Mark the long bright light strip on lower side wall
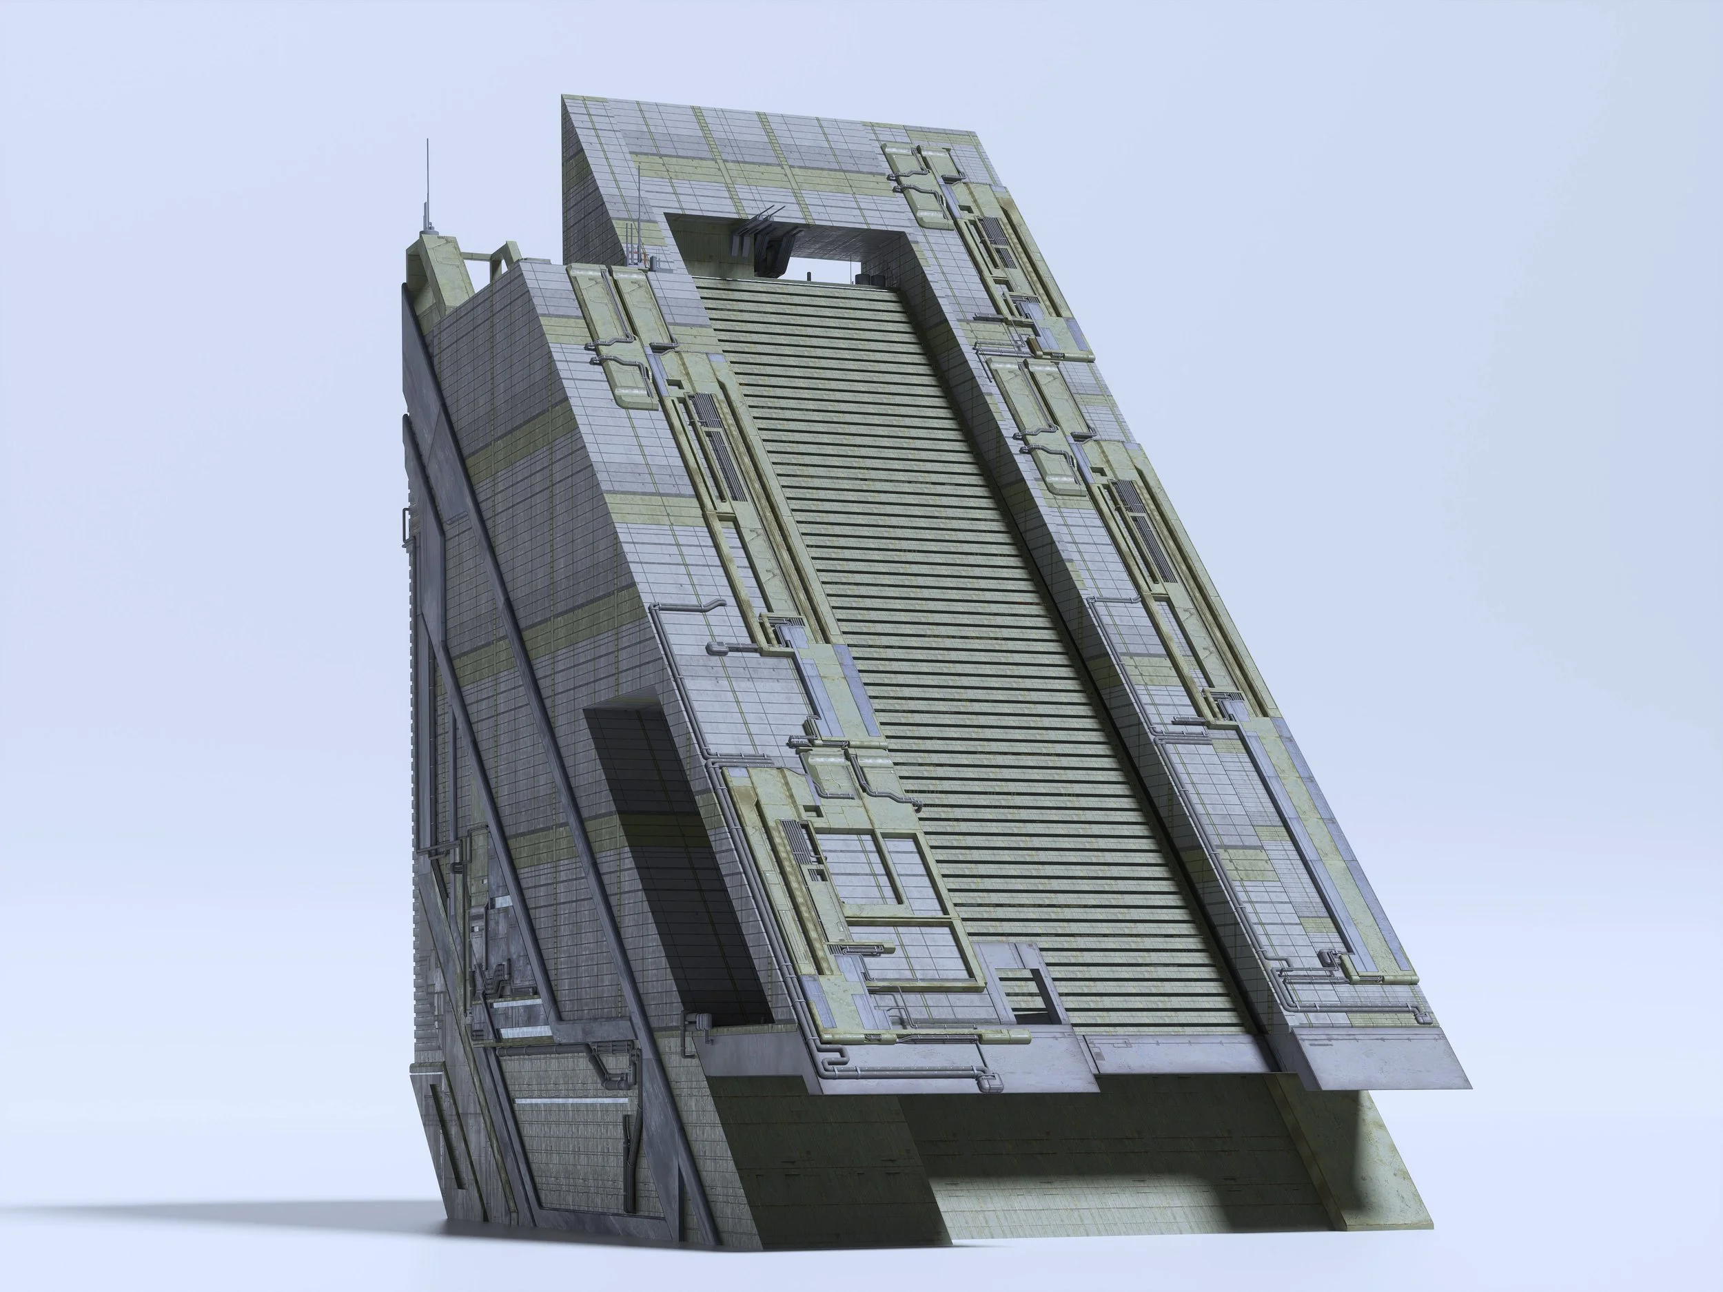572,1102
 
